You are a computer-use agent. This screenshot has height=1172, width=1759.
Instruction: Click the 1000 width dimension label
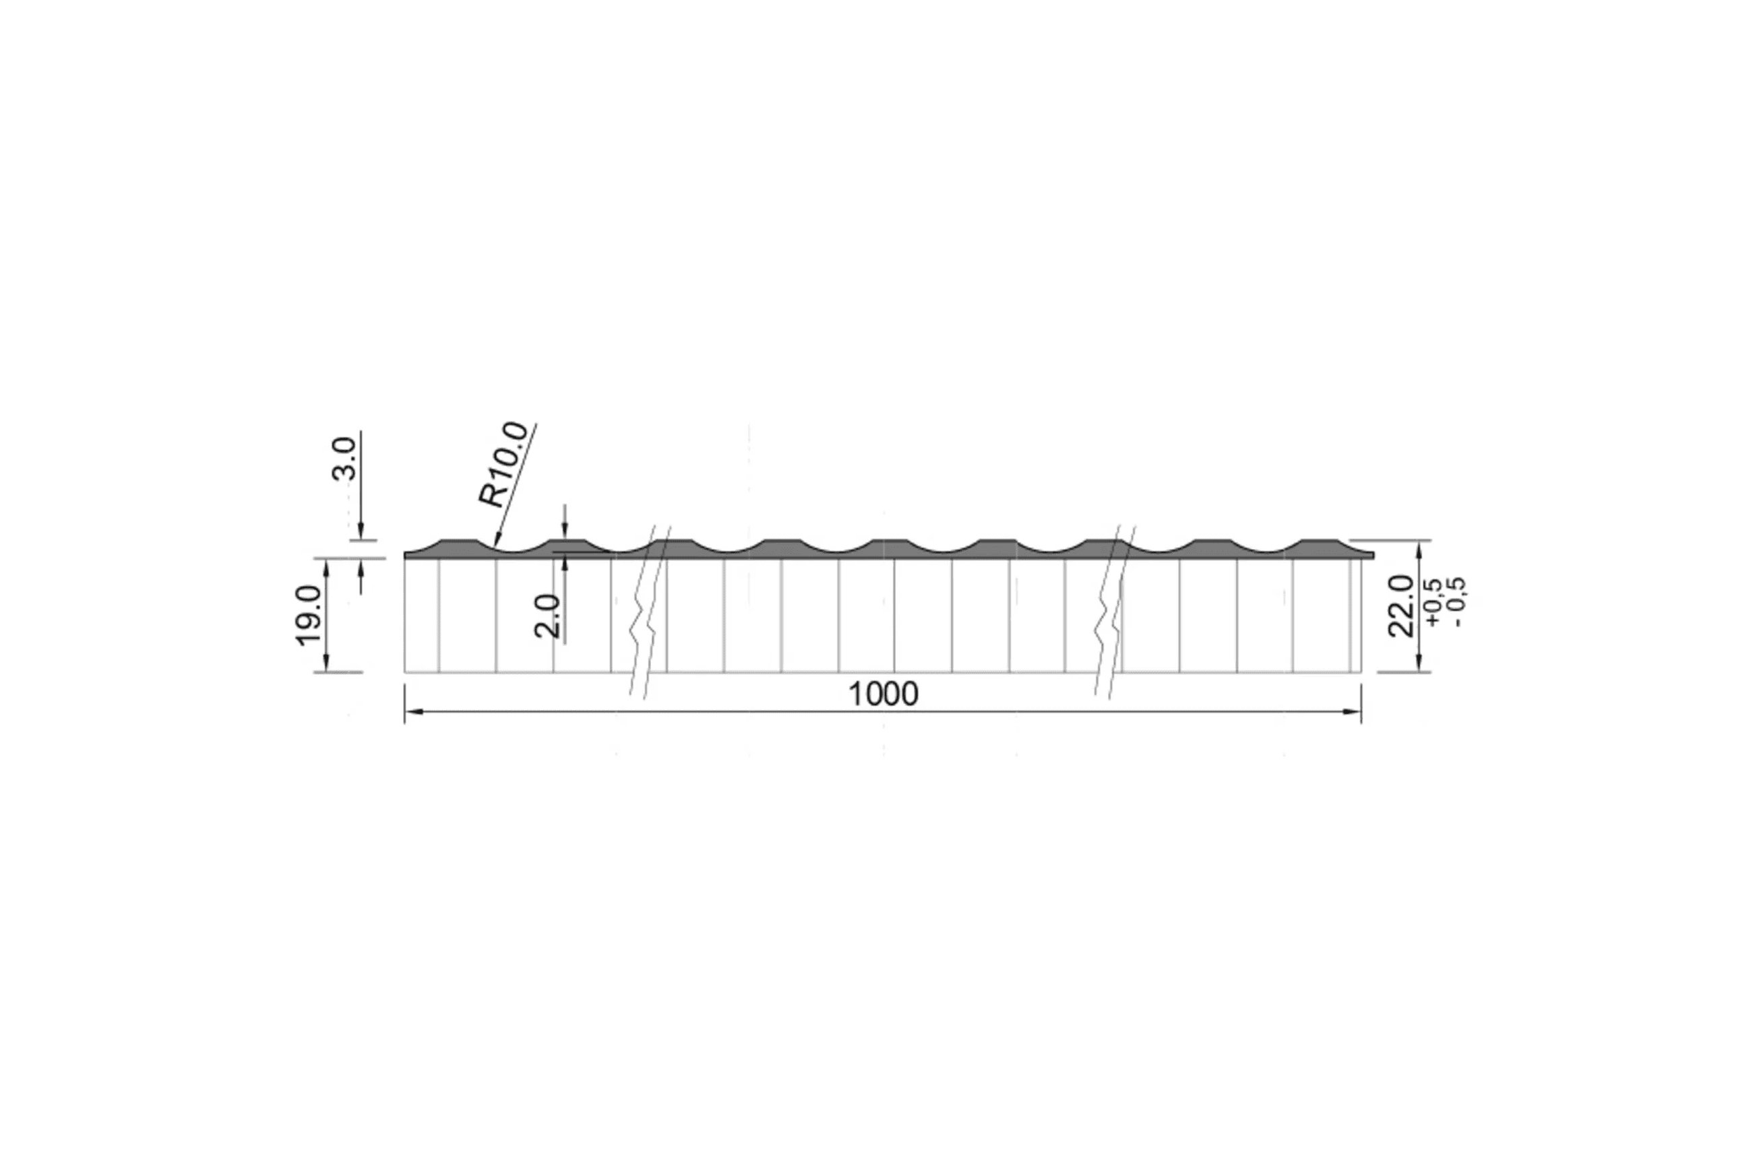click(884, 694)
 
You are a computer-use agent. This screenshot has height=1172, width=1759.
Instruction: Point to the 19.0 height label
click(308, 614)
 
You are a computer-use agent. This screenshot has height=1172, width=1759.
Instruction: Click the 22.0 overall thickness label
click(1400, 606)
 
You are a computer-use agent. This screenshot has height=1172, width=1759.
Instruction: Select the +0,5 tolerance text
click(1433, 601)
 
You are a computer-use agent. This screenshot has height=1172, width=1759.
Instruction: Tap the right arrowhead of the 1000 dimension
click(1351, 711)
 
